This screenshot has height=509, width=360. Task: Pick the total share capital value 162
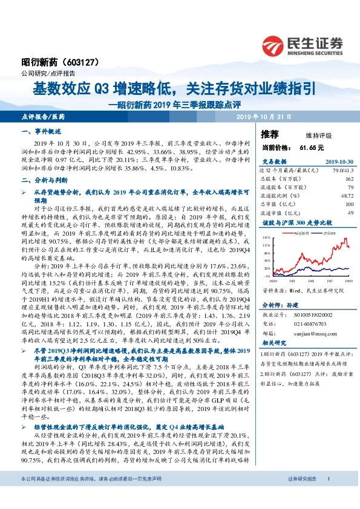[347, 180]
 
